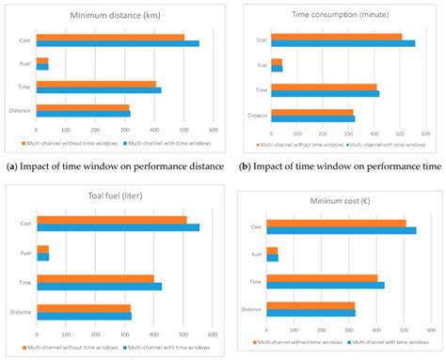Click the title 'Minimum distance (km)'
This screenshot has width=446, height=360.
124,15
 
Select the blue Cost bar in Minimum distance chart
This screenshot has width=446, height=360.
118,43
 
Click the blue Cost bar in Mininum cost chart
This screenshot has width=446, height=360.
342,229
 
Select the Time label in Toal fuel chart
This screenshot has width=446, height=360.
24,281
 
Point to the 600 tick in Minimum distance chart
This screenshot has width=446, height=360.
214,129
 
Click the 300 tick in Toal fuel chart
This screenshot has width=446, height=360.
124,332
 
